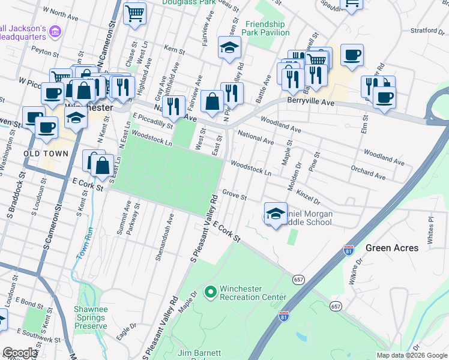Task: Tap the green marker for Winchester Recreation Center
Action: coord(210,293)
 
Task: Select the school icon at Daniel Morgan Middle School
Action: coord(275,214)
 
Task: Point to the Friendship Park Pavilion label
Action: coord(267,28)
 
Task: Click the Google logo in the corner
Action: coord(20,353)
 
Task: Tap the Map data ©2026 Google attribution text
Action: coord(412,355)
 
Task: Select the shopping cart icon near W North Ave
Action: coord(134,13)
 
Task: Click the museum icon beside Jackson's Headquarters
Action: coord(55,31)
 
